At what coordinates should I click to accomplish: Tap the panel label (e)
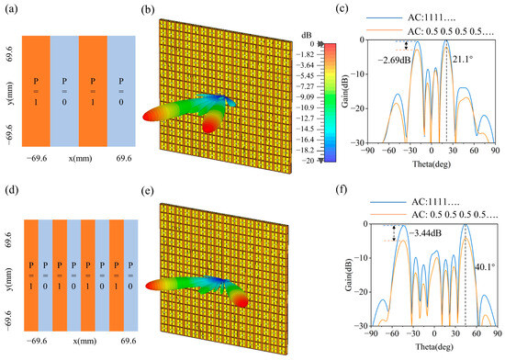point(146,194)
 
